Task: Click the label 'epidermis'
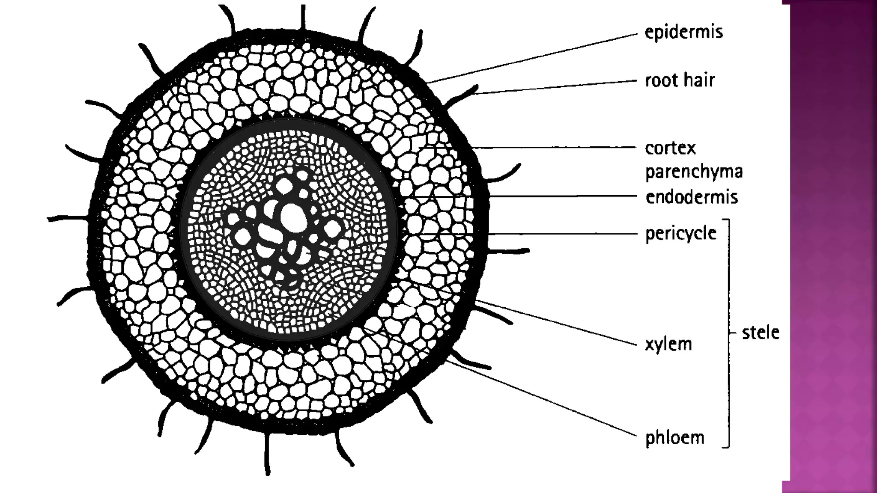683,33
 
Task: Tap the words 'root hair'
680,80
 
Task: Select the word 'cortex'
670,148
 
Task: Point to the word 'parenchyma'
694,172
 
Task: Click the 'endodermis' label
692,197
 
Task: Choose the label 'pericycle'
680,234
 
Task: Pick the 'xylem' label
668,344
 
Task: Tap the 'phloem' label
674,438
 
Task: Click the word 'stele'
760,333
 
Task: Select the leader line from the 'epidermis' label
535,56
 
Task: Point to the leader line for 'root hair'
557,86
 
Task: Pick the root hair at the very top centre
303,17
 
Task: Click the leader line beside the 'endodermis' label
557,196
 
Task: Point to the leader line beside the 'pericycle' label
557,234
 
